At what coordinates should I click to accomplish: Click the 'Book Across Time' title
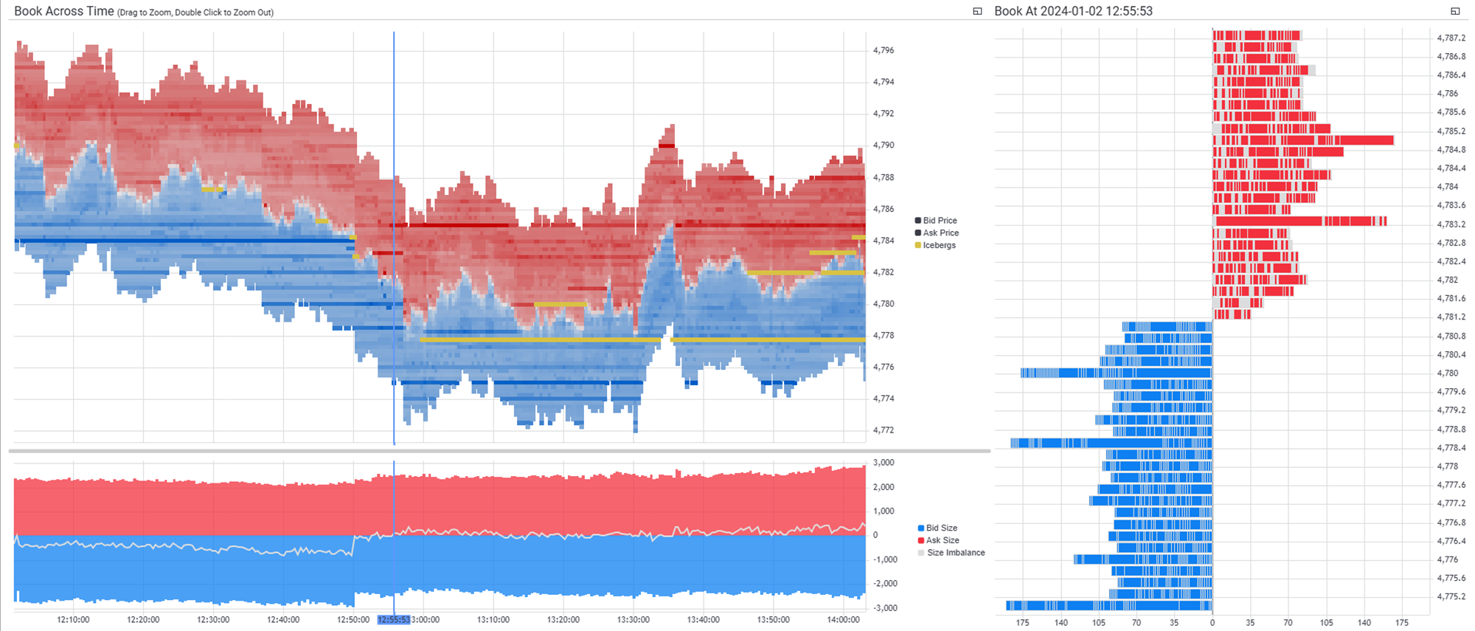coord(64,11)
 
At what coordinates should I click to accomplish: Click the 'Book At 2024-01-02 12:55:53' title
coord(1072,11)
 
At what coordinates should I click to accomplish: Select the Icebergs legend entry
coord(939,245)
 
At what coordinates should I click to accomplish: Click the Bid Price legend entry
coord(940,221)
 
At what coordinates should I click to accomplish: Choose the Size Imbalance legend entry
coord(955,553)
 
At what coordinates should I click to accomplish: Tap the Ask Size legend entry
coord(942,540)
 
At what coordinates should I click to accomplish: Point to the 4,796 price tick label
coord(883,50)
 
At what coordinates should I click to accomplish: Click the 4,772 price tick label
coord(883,430)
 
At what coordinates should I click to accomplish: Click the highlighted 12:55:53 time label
coord(394,620)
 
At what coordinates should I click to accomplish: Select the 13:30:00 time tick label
coord(634,620)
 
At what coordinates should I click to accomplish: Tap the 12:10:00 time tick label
coord(73,620)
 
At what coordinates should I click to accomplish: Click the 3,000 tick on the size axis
coord(884,463)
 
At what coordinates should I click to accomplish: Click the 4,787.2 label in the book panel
coord(1451,38)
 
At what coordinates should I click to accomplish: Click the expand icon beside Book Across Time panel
coord(977,11)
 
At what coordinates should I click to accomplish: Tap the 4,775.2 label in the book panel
coord(1451,596)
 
